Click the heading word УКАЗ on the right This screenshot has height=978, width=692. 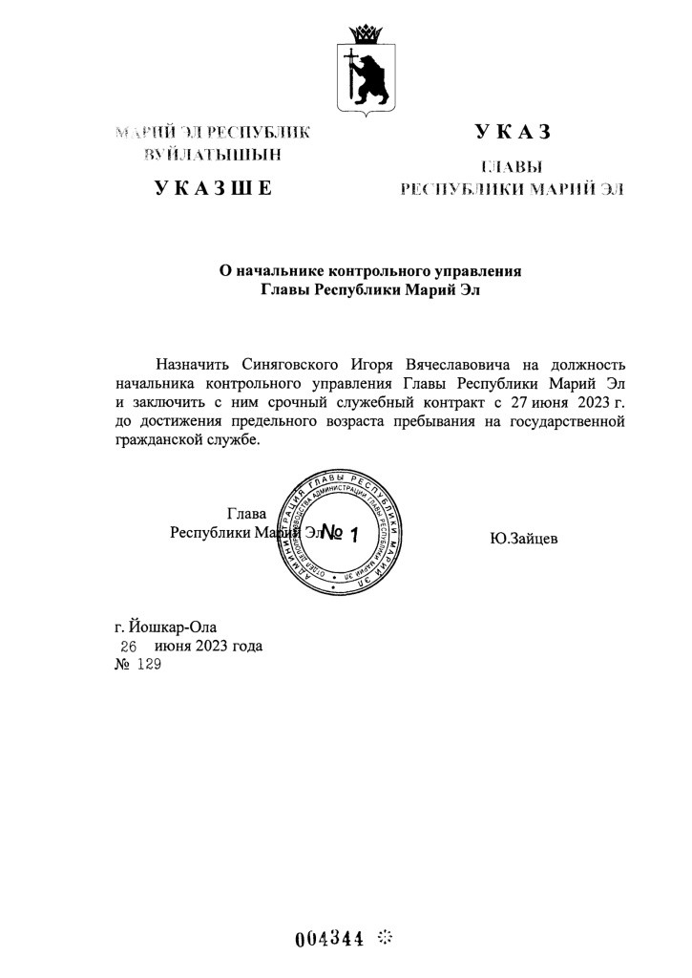point(512,133)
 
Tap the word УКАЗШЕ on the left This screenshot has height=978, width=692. point(214,187)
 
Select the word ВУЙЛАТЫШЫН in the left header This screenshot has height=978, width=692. point(213,153)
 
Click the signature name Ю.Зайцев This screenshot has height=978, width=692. point(524,540)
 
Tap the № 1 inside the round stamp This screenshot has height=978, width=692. point(339,533)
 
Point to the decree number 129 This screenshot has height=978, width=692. point(151,666)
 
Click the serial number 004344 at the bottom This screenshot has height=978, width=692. point(329,937)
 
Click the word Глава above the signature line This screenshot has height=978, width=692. point(246,514)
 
